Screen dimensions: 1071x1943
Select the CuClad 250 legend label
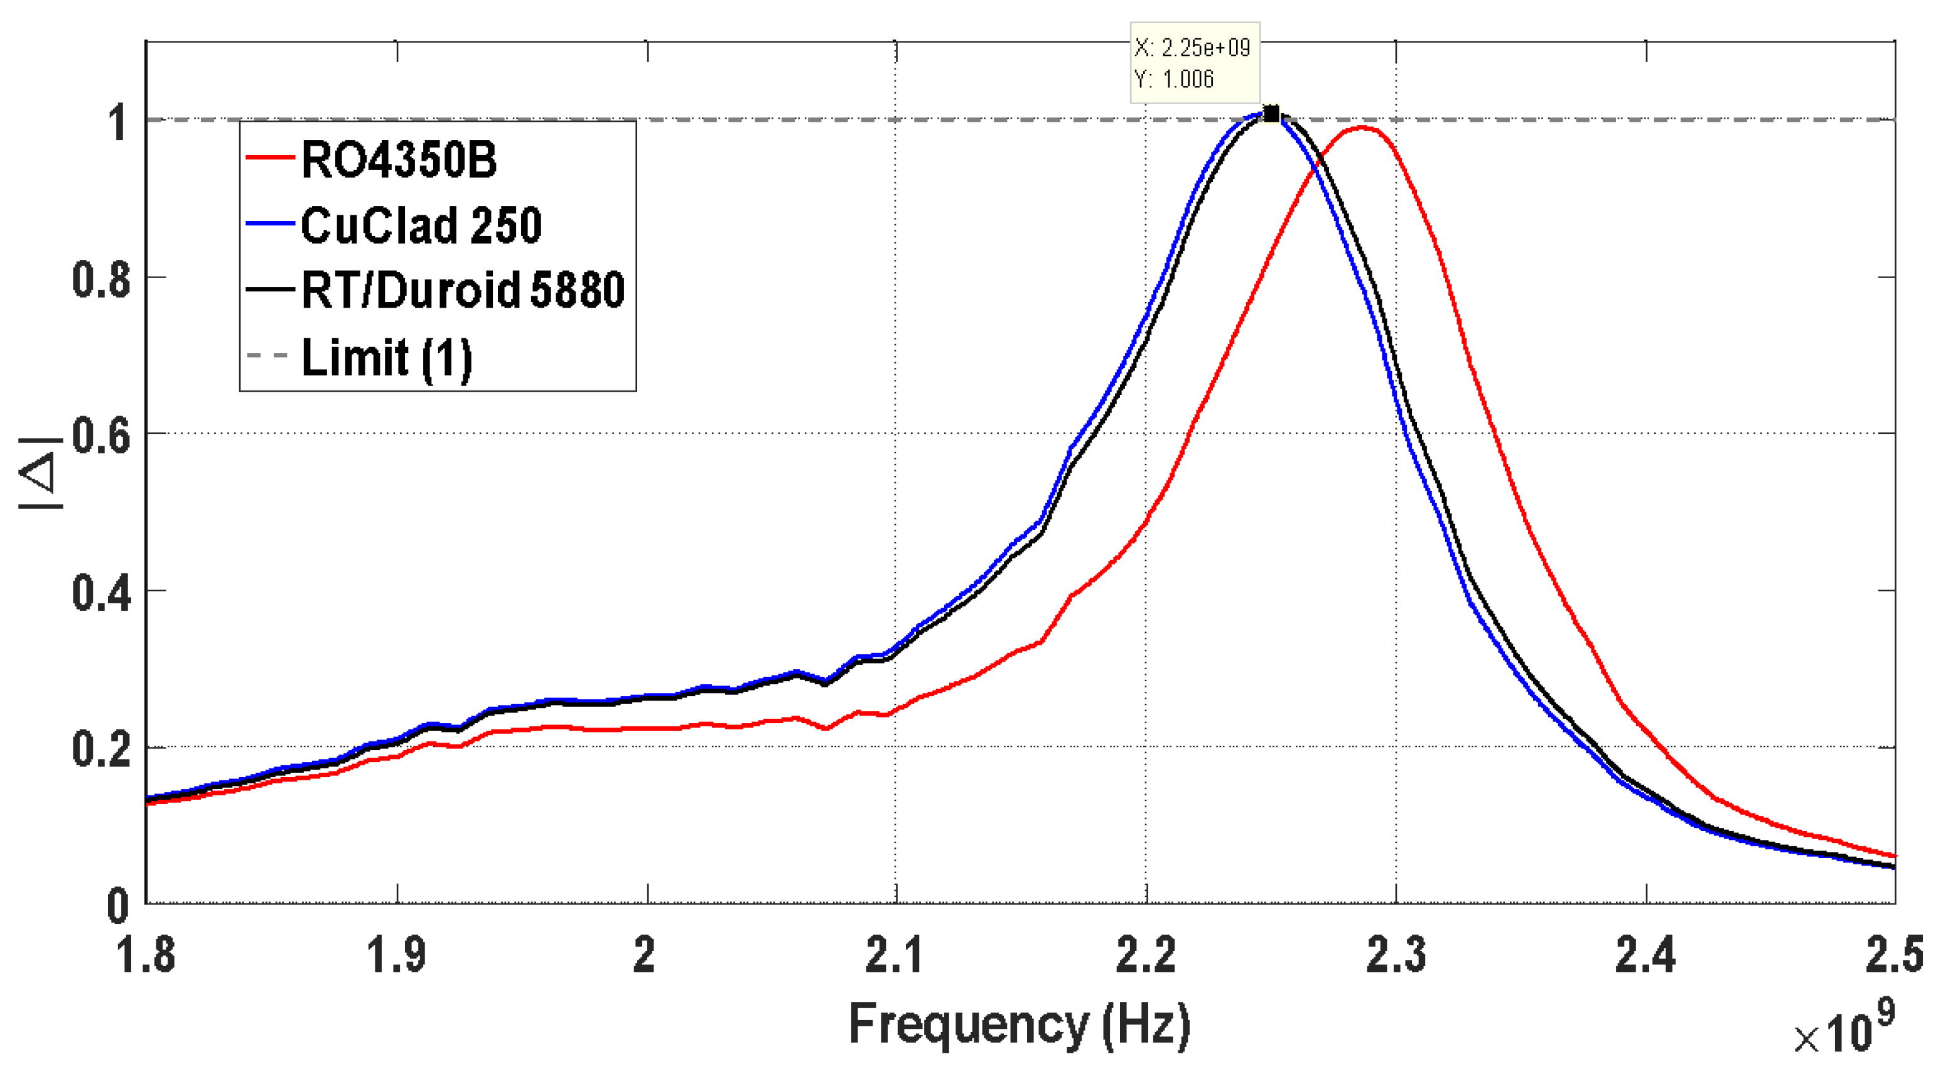pyautogui.click(x=421, y=225)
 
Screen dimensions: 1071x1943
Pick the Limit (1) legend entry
pyautogui.click(x=386, y=357)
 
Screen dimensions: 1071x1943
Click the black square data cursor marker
pyautogui.click(x=1271, y=114)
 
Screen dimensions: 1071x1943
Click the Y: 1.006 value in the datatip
pyautogui.click(x=1175, y=79)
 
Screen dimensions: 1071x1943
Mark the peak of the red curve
pyautogui.click(x=1362, y=127)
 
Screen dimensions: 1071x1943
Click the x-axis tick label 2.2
pyautogui.click(x=1145, y=955)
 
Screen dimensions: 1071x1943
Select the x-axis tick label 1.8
pyautogui.click(x=145, y=955)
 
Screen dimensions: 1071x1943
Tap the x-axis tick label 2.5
pyautogui.click(x=1893, y=955)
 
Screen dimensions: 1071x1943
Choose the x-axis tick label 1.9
pyautogui.click(x=396, y=955)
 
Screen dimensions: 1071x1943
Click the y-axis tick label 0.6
pyautogui.click(x=101, y=436)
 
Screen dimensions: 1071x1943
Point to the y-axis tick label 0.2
pyautogui.click(x=101, y=750)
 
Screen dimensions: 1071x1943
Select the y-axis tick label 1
pyautogui.click(x=117, y=123)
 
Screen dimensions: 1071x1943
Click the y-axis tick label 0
pyautogui.click(x=117, y=907)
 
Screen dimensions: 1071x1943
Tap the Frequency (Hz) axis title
pyautogui.click(x=1019, y=1025)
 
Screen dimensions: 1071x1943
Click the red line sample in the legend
pyautogui.click(x=269, y=158)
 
